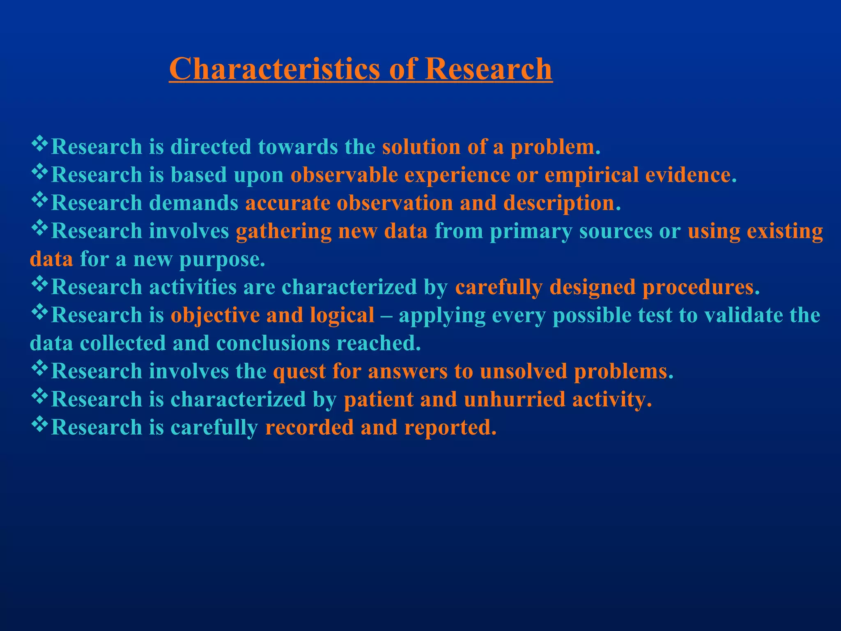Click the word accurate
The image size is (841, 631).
tap(287, 203)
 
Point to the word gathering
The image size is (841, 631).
tap(283, 231)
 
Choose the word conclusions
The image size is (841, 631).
tap(273, 343)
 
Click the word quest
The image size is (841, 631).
tap(299, 372)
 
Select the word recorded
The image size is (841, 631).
tap(309, 427)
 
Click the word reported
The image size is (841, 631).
tap(450, 428)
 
